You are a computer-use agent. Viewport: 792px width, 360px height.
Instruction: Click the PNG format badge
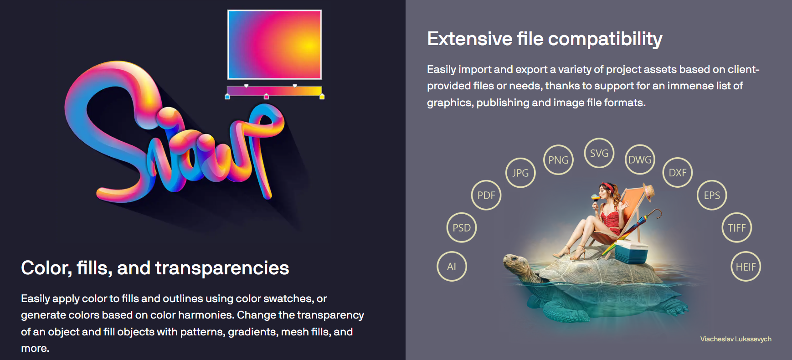pyautogui.click(x=558, y=160)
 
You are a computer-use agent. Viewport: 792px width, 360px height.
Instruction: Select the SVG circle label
pyautogui.click(x=599, y=153)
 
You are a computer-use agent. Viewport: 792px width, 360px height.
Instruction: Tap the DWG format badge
pyautogui.click(x=640, y=159)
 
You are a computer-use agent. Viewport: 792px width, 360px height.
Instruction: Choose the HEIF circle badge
pyautogui.click(x=746, y=267)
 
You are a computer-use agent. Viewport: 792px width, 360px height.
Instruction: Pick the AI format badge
pyautogui.click(x=452, y=267)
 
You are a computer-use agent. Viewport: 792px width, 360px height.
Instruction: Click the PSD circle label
pyautogui.click(x=462, y=227)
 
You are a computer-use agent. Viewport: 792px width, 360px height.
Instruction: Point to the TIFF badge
pyautogui.click(x=736, y=227)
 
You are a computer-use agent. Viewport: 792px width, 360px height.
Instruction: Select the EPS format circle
pyautogui.click(x=712, y=195)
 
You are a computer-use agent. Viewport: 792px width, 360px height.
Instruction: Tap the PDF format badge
pyautogui.click(x=486, y=195)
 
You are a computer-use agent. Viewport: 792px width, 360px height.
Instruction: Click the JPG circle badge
pyautogui.click(x=520, y=173)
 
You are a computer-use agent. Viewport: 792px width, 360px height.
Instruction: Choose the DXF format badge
pyautogui.click(x=678, y=173)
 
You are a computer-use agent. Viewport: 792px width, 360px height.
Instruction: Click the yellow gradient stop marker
pyautogui.click(x=322, y=97)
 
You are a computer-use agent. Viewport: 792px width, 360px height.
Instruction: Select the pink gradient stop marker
pyautogui.click(x=267, y=97)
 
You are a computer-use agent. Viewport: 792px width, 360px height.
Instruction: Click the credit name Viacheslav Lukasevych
pyautogui.click(x=735, y=339)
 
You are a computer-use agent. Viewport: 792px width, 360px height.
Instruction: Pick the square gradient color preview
pyautogui.click(x=274, y=45)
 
